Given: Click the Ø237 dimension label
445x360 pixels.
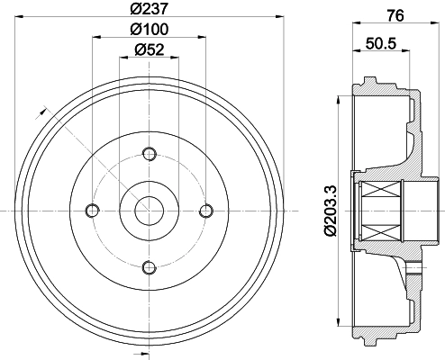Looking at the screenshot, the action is [149, 8].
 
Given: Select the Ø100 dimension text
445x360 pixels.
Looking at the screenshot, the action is [150, 29].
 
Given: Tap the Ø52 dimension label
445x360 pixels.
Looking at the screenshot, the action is [150, 49].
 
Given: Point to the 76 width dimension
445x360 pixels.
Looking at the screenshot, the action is [395, 15].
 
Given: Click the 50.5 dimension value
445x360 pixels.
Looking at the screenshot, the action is [381, 43].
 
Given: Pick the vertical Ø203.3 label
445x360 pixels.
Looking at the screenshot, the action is [330, 211].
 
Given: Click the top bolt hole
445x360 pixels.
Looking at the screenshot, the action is [150, 154].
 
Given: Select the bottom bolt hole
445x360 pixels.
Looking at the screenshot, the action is [150, 267].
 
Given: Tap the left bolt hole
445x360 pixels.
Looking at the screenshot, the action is [93, 211].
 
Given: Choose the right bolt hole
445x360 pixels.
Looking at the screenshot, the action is [206, 211].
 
